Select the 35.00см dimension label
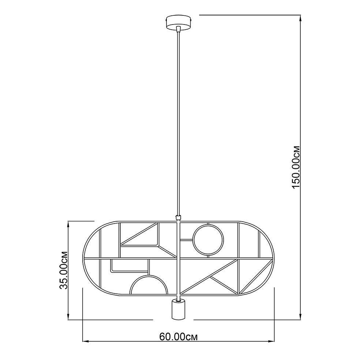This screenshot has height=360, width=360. pos(63,270)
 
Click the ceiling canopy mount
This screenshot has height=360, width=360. pos(179,22)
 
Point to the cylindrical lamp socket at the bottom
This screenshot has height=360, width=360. pos(178,309)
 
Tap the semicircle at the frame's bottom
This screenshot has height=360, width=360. pos(149,275)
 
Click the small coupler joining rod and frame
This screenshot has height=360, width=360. pos(178,217)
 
